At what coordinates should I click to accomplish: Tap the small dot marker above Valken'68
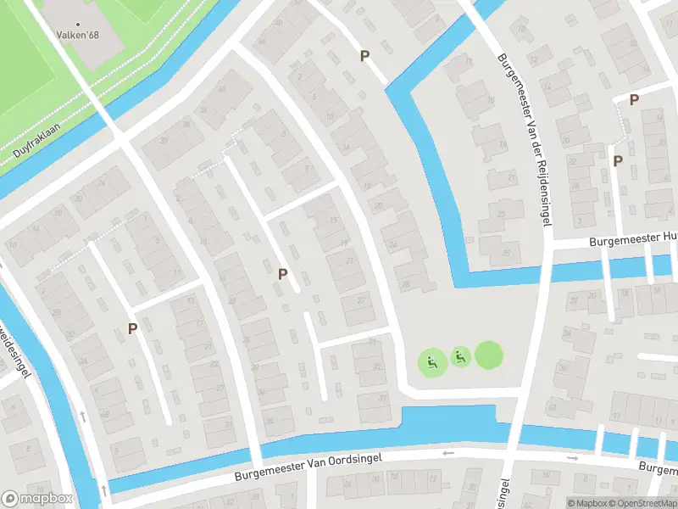click(78, 25)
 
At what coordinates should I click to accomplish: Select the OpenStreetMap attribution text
click(642, 503)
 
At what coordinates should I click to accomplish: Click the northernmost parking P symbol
click(365, 56)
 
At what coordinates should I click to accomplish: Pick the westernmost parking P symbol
click(132, 328)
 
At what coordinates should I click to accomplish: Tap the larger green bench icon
click(432, 363)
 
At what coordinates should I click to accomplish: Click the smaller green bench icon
click(460, 357)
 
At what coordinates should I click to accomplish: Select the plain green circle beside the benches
click(488, 355)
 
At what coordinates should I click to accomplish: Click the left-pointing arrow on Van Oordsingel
click(444, 453)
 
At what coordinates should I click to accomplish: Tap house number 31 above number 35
click(372, 341)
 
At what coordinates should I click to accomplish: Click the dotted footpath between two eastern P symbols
click(625, 127)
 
